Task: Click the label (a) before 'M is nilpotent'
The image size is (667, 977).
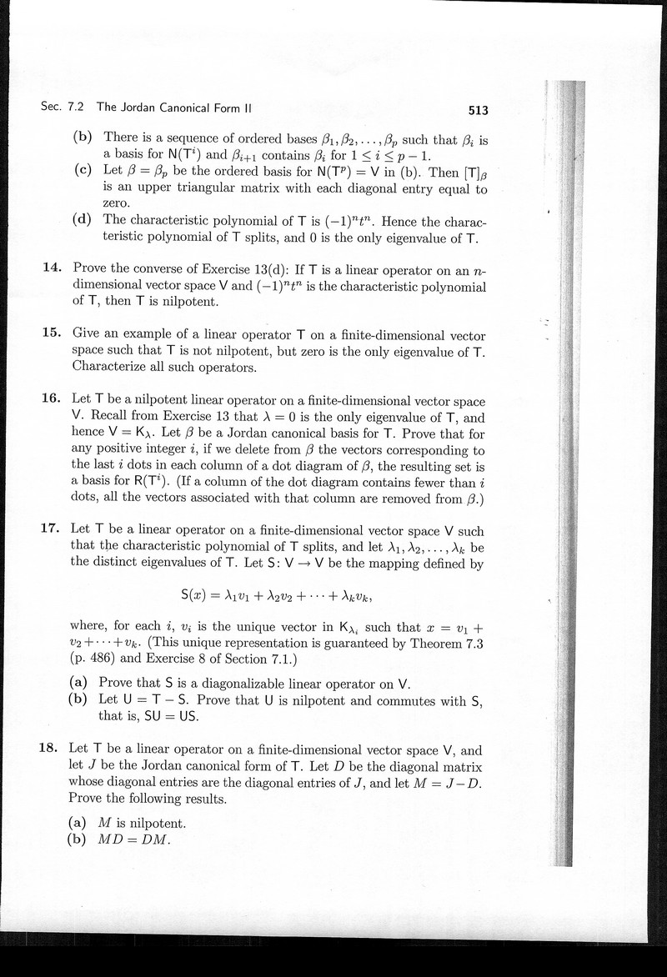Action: point(82,823)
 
